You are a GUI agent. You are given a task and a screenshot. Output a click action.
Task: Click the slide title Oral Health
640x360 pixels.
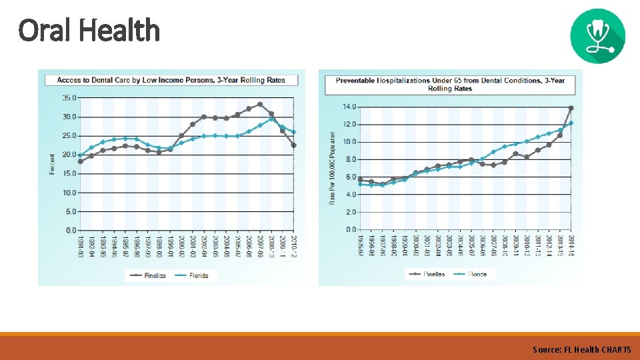[x=89, y=30]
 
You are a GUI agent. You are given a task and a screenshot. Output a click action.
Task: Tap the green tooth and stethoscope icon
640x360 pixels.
[x=598, y=35]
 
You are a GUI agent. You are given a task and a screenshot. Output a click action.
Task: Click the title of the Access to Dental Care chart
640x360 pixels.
[x=171, y=80]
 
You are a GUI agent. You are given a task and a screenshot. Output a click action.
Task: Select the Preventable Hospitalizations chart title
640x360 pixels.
[x=450, y=84]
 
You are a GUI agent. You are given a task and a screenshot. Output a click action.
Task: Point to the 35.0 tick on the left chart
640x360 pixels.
[x=69, y=97]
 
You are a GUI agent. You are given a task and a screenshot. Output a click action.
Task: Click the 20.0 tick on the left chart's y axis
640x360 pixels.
[x=69, y=155]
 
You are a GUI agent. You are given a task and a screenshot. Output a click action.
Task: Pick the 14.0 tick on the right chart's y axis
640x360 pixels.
[x=349, y=107]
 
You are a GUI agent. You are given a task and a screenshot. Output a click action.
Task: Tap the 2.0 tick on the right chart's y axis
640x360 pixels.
[x=351, y=212]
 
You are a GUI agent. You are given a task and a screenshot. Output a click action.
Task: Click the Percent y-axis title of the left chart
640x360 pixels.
[x=52, y=164]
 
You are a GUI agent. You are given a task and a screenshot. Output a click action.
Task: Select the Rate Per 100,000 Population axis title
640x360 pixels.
[x=332, y=167]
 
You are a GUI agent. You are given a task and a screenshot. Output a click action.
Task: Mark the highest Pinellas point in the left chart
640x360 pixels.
[x=260, y=104]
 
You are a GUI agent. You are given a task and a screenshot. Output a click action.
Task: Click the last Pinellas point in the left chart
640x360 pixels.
[x=294, y=145]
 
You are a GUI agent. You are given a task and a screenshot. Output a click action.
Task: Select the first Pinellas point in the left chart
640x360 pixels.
[x=80, y=161]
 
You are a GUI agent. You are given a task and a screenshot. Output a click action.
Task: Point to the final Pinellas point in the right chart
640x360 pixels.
[x=571, y=108]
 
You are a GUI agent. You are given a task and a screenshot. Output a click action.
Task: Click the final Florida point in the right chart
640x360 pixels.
[x=571, y=123]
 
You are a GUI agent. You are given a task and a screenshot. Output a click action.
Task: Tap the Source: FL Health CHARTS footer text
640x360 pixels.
[x=581, y=349]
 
